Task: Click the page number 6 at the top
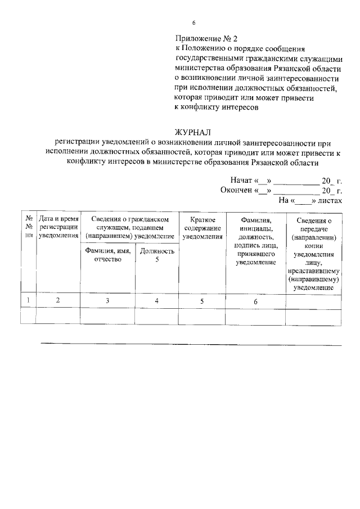193,23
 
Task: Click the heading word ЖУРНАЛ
193,133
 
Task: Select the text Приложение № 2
206,39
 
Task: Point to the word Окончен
236,190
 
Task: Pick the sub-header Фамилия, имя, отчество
107,255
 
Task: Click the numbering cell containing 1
28,301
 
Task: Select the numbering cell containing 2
58,301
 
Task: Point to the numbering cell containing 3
107,301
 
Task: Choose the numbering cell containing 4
157,301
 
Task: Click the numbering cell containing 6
255,302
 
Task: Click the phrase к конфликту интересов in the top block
217,107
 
